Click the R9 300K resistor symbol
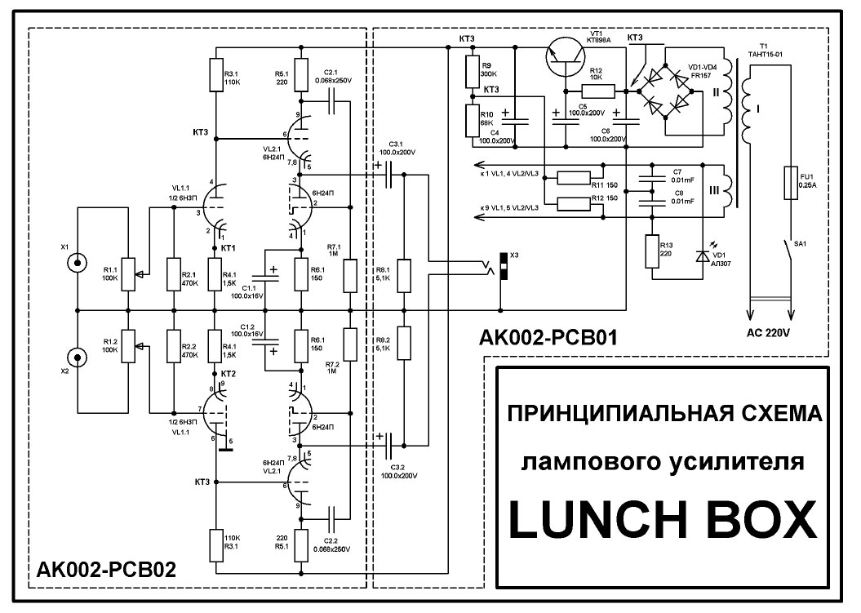tap(472, 69)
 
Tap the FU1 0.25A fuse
tap(789, 180)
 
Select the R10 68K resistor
tap(472, 120)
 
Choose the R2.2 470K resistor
tap(174, 346)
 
